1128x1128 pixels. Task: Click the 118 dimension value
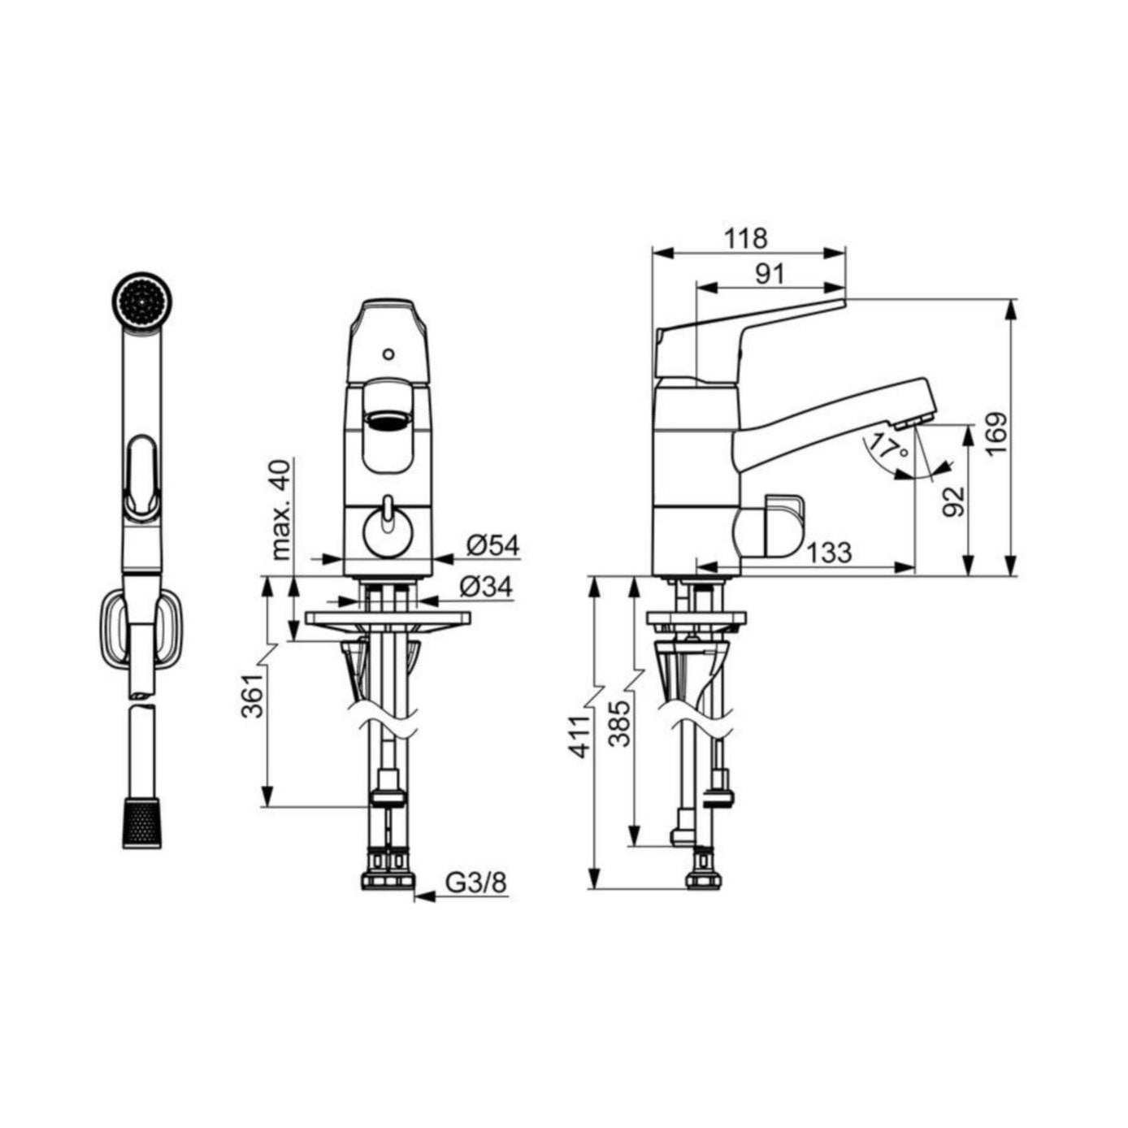coord(745,238)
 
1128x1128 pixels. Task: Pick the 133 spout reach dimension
coord(827,552)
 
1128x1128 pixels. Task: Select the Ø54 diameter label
coord(492,546)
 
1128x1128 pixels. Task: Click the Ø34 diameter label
coord(485,587)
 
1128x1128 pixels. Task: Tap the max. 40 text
coord(282,510)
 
